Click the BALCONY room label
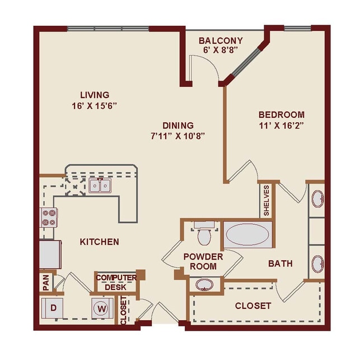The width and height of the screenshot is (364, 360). [221, 40]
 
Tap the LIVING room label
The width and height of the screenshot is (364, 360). [94, 95]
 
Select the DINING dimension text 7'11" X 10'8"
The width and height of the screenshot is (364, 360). [178, 135]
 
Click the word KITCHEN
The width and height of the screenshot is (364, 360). [99, 242]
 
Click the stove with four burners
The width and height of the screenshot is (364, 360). [48, 216]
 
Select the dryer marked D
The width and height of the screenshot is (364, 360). [54, 308]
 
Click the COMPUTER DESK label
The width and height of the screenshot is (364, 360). [116, 282]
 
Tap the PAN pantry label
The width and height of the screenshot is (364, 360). [45, 283]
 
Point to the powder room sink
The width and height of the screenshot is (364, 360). [204, 284]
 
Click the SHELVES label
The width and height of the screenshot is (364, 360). [267, 200]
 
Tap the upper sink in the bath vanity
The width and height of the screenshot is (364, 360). [316, 199]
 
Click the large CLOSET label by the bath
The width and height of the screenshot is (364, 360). [253, 306]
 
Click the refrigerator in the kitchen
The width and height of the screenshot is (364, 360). [50, 254]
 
